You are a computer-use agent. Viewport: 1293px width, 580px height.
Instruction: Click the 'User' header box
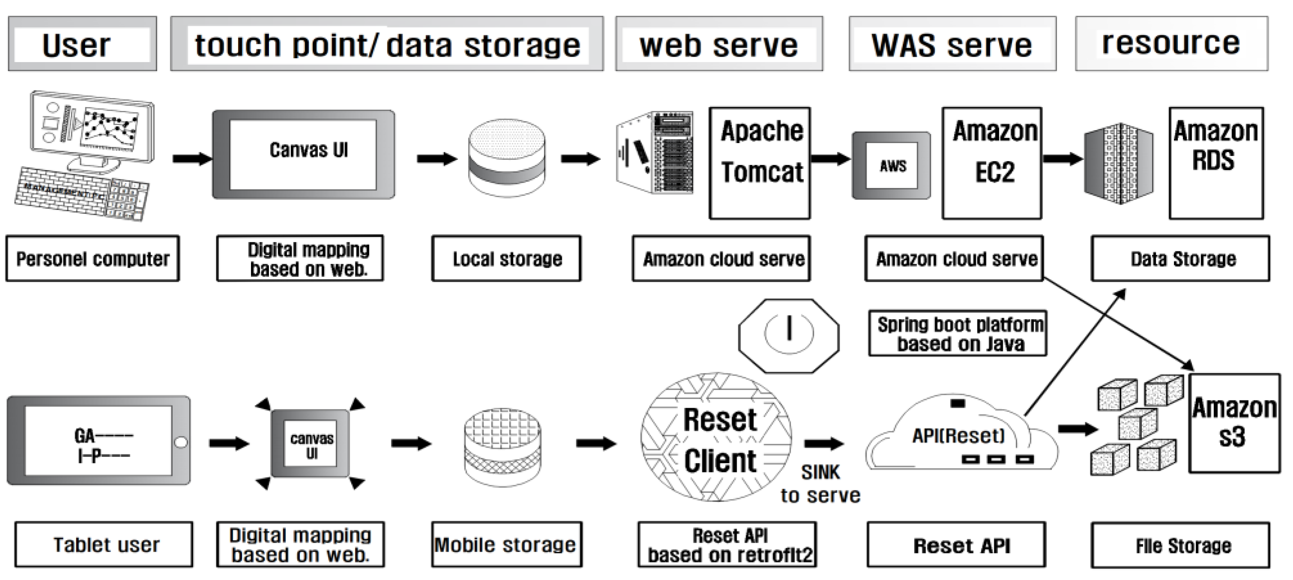[82, 44]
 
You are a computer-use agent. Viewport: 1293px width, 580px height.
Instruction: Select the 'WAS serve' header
[952, 44]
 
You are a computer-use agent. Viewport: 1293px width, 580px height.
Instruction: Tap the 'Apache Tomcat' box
[759, 163]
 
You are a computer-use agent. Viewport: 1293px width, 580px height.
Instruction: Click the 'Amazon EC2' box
[992, 163]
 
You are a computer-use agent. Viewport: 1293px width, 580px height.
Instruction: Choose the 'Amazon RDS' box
[1216, 163]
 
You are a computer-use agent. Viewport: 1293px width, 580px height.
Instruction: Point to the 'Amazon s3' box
[1234, 423]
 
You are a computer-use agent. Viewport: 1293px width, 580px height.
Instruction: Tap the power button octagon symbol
[788, 335]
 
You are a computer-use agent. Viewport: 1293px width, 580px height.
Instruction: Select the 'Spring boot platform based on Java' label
[958, 333]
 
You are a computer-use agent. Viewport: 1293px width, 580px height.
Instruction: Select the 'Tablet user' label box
[104, 544]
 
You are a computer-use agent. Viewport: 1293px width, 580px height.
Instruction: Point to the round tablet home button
[180, 442]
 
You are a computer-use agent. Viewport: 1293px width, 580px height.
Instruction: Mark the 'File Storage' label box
[1180, 545]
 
